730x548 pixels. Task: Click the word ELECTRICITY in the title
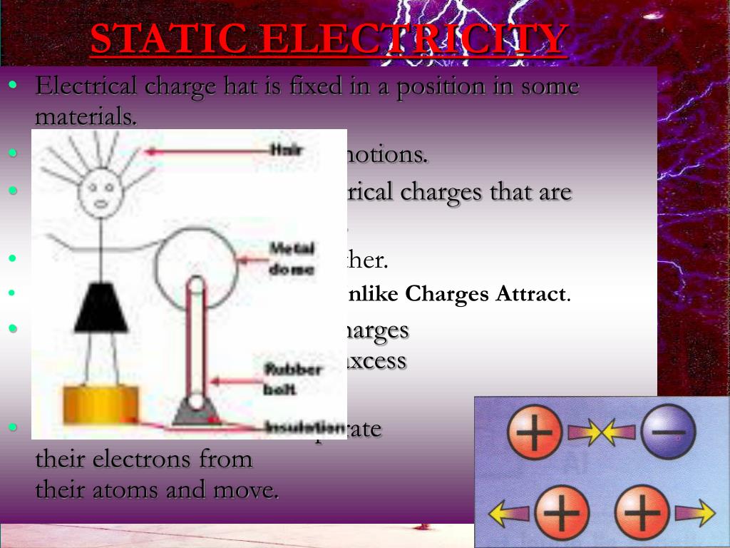pyautogui.click(x=413, y=39)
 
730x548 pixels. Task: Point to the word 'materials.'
pyautogui.click(x=86, y=116)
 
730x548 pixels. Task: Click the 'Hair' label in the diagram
pyautogui.click(x=286, y=150)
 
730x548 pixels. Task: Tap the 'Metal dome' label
pyautogui.click(x=292, y=258)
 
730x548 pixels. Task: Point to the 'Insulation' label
pyautogui.click(x=304, y=427)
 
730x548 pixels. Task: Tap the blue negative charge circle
pyautogui.click(x=667, y=432)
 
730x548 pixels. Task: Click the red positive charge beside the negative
pyautogui.click(x=535, y=432)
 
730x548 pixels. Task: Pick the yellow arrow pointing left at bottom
pyautogui.click(x=509, y=513)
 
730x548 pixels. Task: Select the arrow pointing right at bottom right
pyautogui.click(x=694, y=513)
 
